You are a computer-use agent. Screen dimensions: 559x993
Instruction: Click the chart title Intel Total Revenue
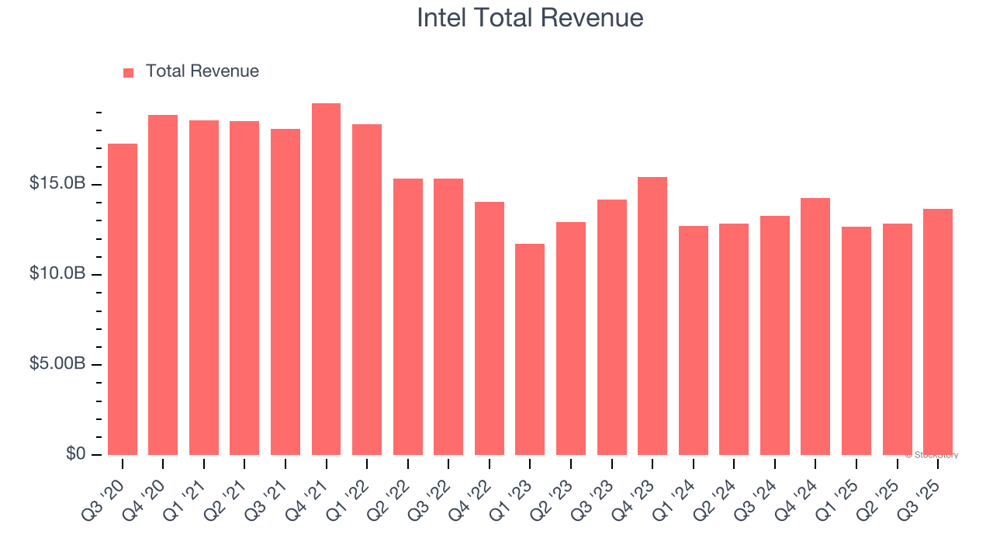tap(530, 18)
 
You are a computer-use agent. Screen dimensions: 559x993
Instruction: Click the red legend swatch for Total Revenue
tap(129, 72)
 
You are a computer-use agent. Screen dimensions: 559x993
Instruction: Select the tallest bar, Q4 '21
tap(326, 279)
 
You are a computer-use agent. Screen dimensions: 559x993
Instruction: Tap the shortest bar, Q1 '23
tap(530, 349)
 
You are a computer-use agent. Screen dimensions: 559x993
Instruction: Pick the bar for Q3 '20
tap(123, 299)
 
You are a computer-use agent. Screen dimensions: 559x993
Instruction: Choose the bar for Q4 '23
tap(652, 316)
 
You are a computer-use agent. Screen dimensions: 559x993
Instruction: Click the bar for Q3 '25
tap(937, 332)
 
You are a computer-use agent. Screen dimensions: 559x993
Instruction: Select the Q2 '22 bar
tap(408, 317)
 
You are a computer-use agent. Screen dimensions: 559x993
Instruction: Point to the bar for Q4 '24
tap(815, 326)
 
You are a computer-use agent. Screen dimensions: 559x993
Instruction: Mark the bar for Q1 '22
tap(367, 290)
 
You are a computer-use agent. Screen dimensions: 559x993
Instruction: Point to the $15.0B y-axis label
tap(57, 184)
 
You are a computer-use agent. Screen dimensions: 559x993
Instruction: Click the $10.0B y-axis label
tap(57, 274)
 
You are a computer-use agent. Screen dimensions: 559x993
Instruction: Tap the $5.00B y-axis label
tap(57, 364)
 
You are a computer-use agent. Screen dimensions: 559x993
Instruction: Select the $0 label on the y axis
tap(75, 453)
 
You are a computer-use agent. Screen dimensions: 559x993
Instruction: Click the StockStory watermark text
tap(932, 455)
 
